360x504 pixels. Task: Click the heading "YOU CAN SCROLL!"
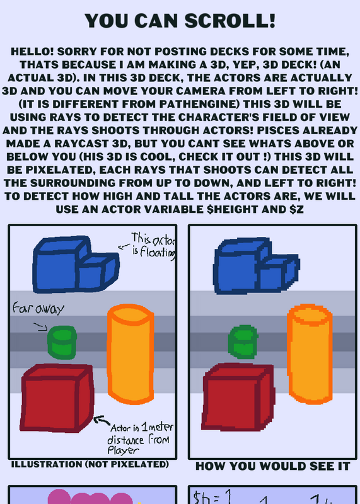coord(180,21)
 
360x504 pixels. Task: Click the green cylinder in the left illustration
coord(62,342)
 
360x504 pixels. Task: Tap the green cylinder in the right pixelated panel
coord(243,341)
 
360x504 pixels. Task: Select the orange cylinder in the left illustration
coord(131,354)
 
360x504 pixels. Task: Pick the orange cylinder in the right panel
coord(310,354)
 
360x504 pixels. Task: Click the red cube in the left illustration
coord(57,398)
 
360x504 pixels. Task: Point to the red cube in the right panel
coord(238,398)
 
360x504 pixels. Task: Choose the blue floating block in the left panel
coord(76,265)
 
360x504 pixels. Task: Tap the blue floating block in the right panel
coord(257,266)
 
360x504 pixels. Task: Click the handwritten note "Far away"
coord(38,309)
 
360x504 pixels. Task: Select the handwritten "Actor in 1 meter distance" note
coord(140,438)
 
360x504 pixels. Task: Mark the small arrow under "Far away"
coord(41,328)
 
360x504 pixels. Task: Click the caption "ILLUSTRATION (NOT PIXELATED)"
coord(90,464)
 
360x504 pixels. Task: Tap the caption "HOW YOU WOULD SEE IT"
coord(272,466)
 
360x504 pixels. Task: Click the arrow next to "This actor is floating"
coord(124,246)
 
